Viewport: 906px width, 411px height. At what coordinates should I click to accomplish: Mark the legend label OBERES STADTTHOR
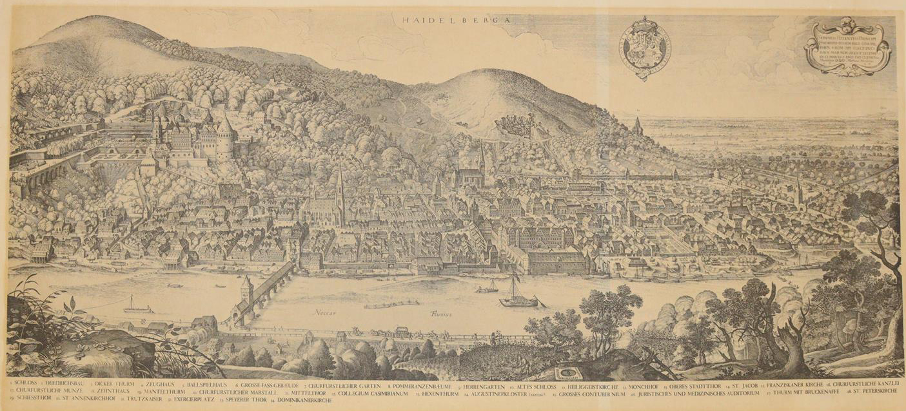pyautogui.click(x=686, y=384)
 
